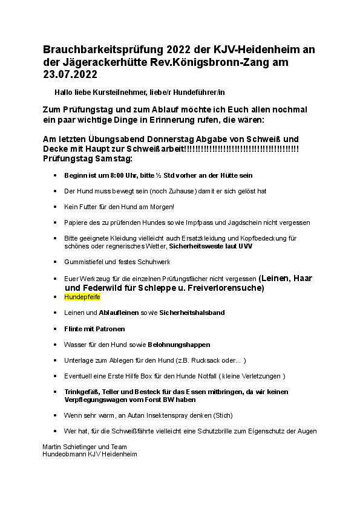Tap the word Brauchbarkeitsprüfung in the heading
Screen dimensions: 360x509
[106, 49]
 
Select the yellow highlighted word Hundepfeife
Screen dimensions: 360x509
[82, 297]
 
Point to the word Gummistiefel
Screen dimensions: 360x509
[83, 261]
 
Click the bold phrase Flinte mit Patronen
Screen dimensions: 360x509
[94, 329]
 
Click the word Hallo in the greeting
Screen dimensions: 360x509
[63, 91]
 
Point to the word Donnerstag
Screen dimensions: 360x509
[176, 139]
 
